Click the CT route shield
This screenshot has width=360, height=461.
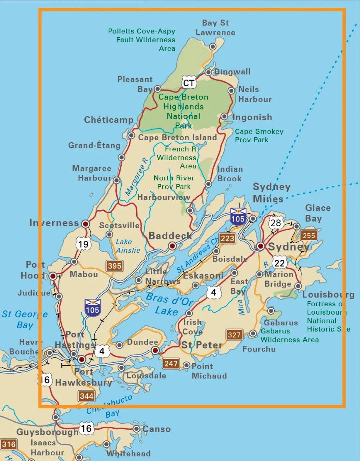[189, 83]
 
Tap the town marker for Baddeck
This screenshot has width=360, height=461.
[172, 246]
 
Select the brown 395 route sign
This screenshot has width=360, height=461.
[115, 265]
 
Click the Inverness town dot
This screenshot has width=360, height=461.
[86, 224]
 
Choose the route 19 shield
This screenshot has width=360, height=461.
[84, 244]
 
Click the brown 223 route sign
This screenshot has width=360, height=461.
[227, 239]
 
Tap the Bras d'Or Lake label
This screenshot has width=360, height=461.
[167, 303]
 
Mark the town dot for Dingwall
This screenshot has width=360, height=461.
[208, 72]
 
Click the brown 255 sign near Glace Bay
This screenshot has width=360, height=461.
[309, 235]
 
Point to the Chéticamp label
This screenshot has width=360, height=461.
[109, 120]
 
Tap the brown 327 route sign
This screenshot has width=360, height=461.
[234, 335]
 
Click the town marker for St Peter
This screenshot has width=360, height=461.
[155, 350]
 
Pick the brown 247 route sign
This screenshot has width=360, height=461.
[171, 363]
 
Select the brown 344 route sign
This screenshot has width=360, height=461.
[86, 396]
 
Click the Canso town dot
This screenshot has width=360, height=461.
[136, 429]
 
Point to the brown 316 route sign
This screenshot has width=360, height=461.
[8, 445]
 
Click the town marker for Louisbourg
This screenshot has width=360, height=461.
[298, 286]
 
